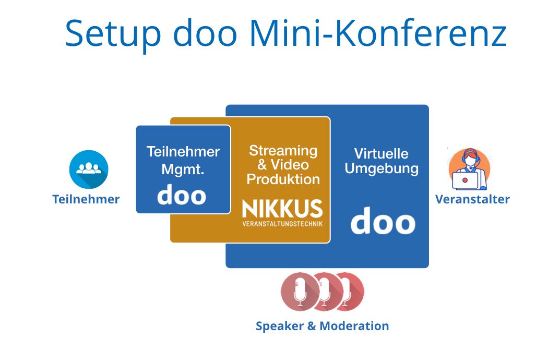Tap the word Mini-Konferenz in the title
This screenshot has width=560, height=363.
coord(378,33)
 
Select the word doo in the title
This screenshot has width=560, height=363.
coord(205,33)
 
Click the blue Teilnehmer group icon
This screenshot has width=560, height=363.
coord(89,169)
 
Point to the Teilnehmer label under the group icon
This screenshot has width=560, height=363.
coord(86,199)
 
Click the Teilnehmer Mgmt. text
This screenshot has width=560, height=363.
coord(183,160)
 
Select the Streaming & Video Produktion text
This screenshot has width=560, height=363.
coord(283,165)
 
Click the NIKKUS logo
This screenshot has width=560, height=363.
coord(282,209)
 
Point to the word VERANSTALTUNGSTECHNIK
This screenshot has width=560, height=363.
coord(282,224)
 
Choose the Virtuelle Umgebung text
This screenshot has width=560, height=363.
coord(382,161)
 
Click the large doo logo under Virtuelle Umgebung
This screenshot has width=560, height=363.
coord(383,221)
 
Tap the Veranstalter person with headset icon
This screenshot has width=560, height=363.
coord(469,169)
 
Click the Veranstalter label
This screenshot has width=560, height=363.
coord(472,199)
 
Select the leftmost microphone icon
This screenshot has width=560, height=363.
coord(300,292)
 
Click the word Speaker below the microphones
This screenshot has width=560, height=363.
coord(279,326)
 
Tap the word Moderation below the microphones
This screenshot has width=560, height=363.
coord(354,326)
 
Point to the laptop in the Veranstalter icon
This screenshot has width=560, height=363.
coord(464,180)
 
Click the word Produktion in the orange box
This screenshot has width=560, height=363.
coord(283,179)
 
